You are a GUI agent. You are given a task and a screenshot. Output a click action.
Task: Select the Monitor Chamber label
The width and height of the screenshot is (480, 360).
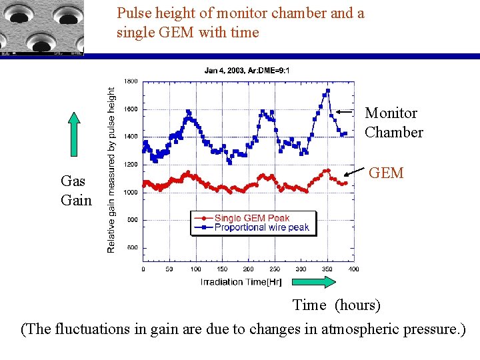pyautogui.click(x=393, y=123)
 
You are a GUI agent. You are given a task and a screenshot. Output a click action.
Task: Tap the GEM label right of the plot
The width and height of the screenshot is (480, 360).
pyautogui.click(x=386, y=173)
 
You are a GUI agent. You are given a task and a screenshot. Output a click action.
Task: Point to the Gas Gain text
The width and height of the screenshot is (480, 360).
pyautogui.click(x=75, y=190)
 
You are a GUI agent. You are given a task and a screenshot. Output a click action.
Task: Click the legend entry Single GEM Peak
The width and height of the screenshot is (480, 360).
pyautogui.click(x=251, y=218)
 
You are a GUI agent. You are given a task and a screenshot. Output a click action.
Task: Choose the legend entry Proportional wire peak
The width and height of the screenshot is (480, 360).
pyautogui.click(x=261, y=227)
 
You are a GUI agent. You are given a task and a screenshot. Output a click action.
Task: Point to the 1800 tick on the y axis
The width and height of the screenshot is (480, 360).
pyautogui.click(x=131, y=81)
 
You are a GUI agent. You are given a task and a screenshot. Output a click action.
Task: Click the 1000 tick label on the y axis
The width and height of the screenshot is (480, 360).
pyautogui.click(x=131, y=192)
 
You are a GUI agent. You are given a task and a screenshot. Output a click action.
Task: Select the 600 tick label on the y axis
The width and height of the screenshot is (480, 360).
pyautogui.click(x=132, y=247)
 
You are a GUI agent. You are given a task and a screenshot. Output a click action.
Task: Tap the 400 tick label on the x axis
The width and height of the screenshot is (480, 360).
pyautogui.click(x=353, y=269)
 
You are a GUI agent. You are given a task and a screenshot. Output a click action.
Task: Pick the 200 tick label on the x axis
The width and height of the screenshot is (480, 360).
pyautogui.click(x=248, y=269)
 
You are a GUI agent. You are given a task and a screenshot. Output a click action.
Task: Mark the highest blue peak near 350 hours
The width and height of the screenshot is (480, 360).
pyautogui.click(x=328, y=90)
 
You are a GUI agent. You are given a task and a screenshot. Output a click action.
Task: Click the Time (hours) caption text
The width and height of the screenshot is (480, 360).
pyautogui.click(x=337, y=305)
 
